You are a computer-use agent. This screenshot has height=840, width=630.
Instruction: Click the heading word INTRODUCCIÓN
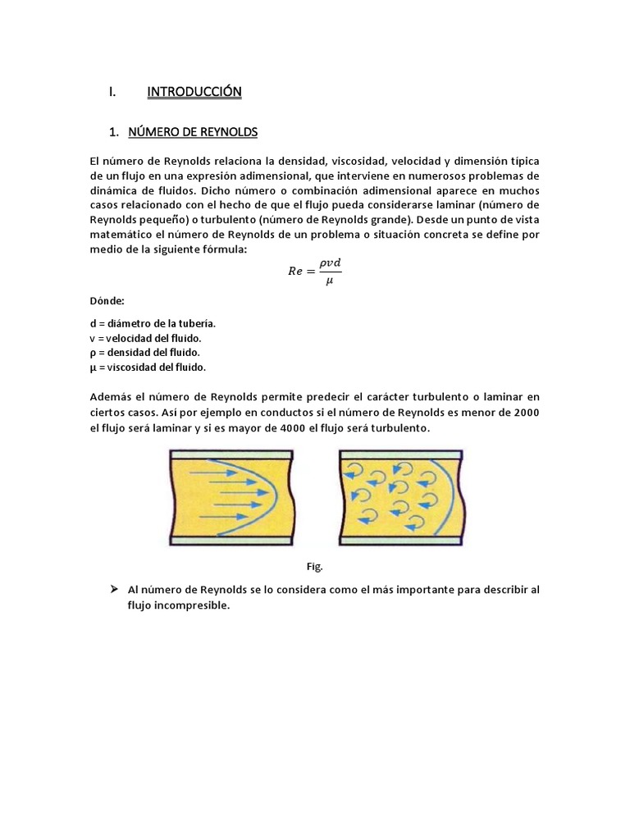tap(194, 93)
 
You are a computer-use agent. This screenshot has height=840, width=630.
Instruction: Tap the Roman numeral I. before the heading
tap(112, 93)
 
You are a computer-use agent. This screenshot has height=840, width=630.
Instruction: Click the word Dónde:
tap(107, 301)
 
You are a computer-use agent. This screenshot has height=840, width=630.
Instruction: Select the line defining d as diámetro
tap(153, 323)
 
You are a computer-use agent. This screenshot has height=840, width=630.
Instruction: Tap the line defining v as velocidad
tap(145, 338)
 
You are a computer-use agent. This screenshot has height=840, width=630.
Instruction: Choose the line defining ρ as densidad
tap(144, 353)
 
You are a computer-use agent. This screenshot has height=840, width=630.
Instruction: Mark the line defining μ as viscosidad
tap(148, 367)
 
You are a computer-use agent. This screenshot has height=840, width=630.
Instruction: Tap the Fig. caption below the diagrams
tap(315, 566)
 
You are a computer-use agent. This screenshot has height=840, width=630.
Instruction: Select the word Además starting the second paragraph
tap(111, 397)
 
